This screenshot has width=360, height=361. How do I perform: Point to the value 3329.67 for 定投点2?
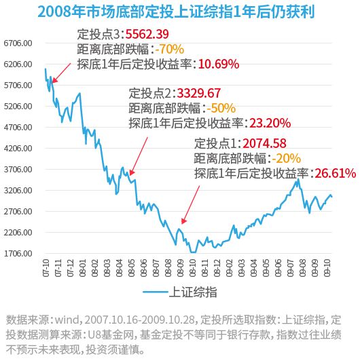point(199,93)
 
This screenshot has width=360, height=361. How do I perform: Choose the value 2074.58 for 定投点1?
point(264,143)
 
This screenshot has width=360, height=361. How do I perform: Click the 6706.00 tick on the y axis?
point(19,43)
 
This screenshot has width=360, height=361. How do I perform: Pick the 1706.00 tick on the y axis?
point(19,253)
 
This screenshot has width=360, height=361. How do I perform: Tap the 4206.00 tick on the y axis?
point(19,148)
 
